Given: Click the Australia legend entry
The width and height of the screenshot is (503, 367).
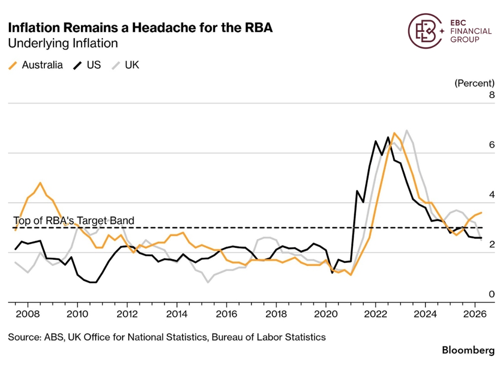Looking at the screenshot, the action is [x=36, y=65].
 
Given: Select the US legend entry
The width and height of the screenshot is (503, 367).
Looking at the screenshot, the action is [x=87, y=65].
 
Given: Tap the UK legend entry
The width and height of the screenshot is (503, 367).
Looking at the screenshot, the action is [x=125, y=65].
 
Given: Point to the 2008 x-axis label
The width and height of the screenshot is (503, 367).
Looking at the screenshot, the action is [x=28, y=314].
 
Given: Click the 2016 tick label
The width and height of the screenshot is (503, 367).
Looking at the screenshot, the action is [x=226, y=314].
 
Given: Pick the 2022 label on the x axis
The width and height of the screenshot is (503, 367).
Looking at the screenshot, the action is [x=376, y=314].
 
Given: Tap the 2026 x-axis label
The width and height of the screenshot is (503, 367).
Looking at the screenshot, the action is [x=474, y=314].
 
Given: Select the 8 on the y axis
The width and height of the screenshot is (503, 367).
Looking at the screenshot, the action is [x=492, y=95].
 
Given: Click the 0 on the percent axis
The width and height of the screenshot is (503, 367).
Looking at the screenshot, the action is [x=492, y=294].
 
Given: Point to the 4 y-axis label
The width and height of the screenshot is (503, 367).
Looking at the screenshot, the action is [x=492, y=195].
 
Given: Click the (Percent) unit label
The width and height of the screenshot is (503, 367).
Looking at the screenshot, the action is [x=474, y=83].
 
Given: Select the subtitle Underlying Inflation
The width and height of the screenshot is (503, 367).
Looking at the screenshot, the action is [x=63, y=44].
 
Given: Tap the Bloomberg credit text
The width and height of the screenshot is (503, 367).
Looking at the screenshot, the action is [x=468, y=350].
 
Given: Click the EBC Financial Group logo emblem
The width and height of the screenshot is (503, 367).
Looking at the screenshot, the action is [x=424, y=31].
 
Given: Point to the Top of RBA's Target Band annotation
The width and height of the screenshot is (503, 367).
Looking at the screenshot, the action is [x=74, y=221].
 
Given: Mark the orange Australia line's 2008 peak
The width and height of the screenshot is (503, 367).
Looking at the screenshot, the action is [x=40, y=182].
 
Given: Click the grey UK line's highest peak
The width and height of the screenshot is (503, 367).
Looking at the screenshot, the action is [x=407, y=130].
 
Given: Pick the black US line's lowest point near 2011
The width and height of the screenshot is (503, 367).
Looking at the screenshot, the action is [x=93, y=282].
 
